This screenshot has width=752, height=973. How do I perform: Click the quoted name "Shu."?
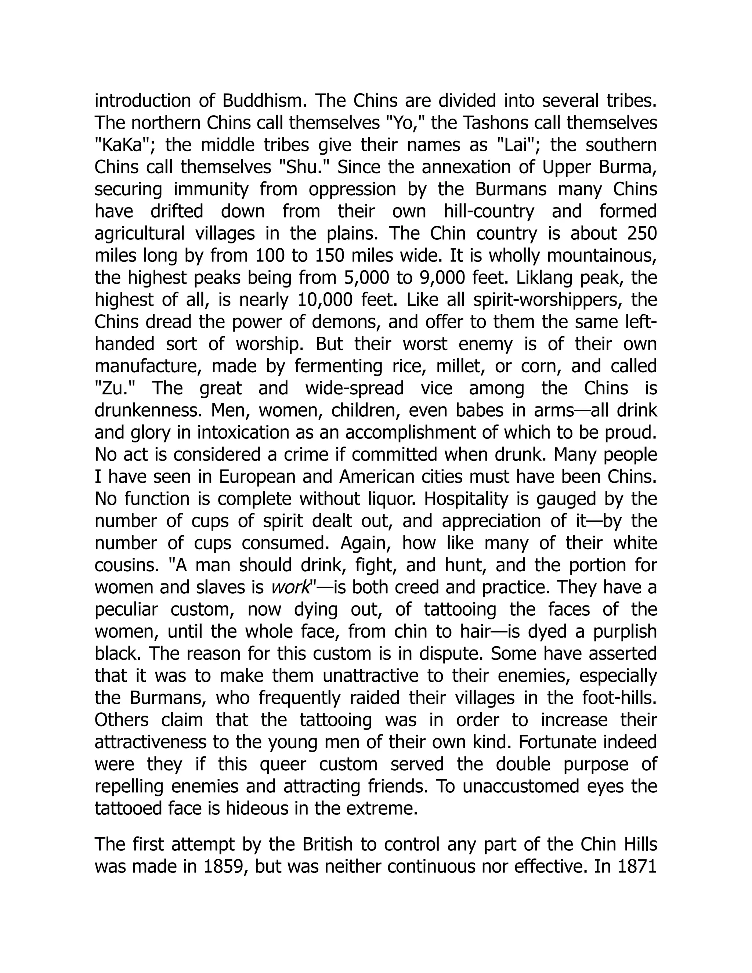pyautogui.click(x=303, y=167)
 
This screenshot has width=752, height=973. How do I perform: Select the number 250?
pyautogui.click(x=641, y=234)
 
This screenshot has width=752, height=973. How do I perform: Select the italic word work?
pyautogui.click(x=290, y=587)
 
